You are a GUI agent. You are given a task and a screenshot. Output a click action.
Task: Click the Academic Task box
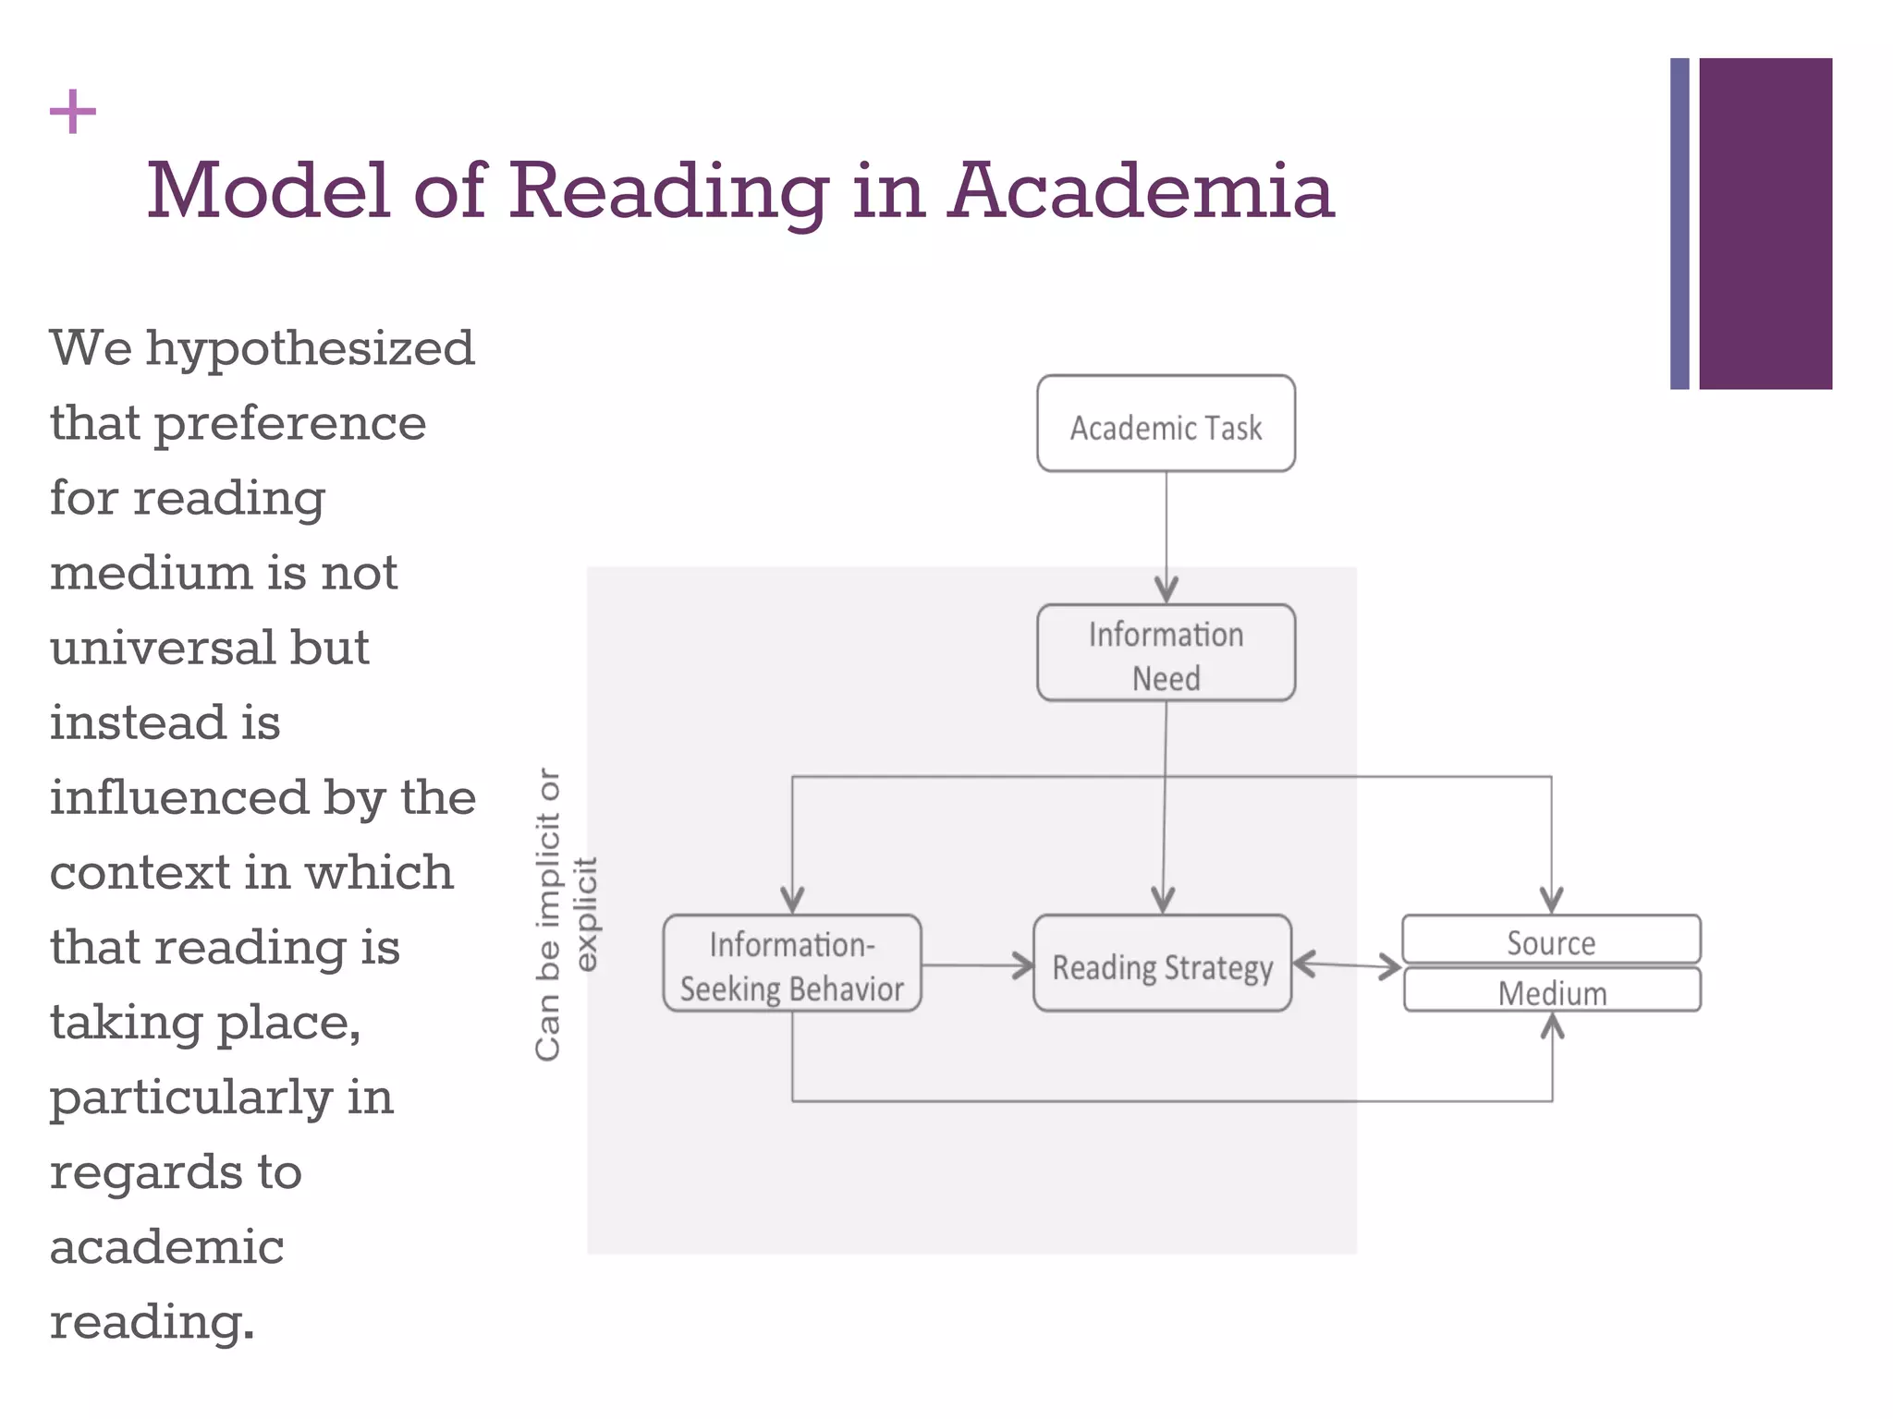(1166, 424)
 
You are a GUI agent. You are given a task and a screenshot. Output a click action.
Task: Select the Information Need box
(1166, 653)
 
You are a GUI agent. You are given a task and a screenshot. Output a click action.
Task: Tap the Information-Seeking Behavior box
(792, 964)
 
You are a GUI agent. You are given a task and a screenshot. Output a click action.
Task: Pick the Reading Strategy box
(1162, 964)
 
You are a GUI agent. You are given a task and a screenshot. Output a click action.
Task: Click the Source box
(1551, 940)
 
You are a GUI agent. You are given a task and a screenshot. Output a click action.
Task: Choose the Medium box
(1552, 991)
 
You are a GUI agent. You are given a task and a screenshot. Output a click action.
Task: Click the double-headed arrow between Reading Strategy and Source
(1347, 966)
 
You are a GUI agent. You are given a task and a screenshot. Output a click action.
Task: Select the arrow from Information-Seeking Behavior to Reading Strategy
(978, 966)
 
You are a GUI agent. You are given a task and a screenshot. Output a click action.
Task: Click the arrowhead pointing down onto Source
(1551, 899)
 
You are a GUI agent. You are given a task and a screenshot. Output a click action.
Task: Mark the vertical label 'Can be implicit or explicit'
(566, 914)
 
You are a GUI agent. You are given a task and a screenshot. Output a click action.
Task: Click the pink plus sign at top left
(73, 113)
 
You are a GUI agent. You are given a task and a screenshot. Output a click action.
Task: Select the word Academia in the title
(1141, 191)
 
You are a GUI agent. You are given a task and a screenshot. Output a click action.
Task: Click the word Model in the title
(268, 191)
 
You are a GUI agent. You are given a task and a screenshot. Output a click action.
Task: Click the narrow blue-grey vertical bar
(1679, 224)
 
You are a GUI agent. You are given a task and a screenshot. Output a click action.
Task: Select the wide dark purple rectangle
(1765, 224)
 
